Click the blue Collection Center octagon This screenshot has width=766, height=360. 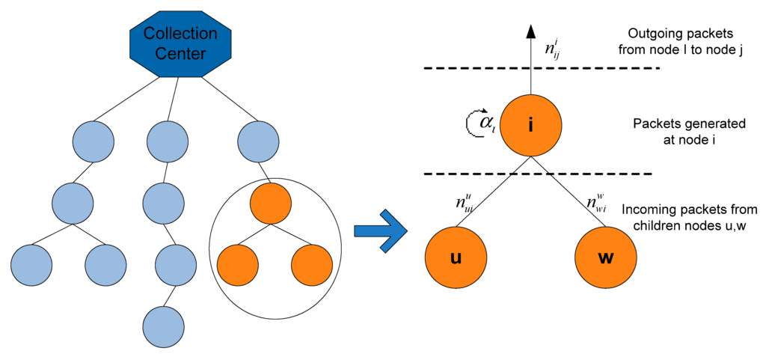(180, 43)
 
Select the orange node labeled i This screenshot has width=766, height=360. (530, 124)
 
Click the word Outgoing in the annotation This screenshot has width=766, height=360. (653, 34)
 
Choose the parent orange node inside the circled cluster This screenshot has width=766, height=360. (270, 203)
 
